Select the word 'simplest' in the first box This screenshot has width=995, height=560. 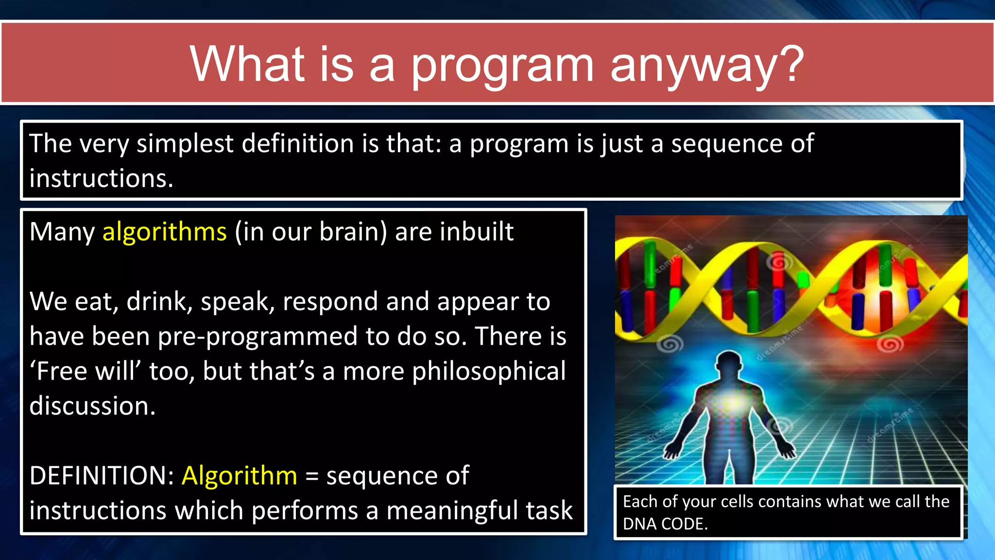coord(185,144)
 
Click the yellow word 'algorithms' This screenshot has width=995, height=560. coord(164,232)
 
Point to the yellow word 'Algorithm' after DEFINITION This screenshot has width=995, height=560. coord(239,475)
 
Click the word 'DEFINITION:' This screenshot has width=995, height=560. coord(102,475)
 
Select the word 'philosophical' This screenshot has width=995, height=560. coord(489,372)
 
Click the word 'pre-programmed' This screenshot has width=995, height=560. coord(257,337)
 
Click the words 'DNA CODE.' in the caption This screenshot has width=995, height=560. coord(665,524)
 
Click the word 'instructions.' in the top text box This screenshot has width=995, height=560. coord(101,178)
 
